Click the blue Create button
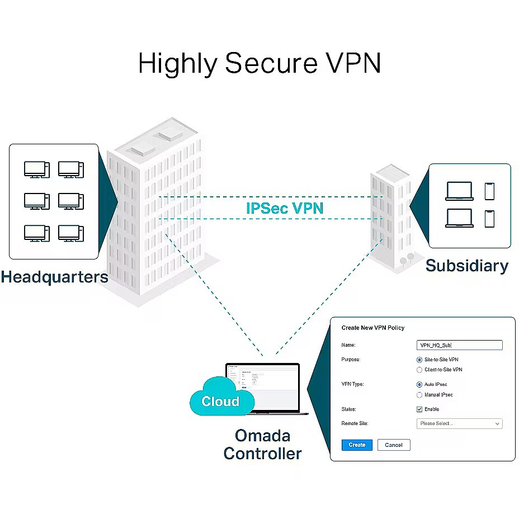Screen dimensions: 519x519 (357, 445)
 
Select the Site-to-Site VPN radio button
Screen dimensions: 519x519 (419, 360)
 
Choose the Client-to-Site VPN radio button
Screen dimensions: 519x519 (419, 370)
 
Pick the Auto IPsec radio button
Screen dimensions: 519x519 (419, 385)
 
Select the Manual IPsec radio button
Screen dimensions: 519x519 (419, 395)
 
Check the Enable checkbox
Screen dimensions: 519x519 (419, 409)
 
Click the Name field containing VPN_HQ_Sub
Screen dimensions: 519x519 (459, 346)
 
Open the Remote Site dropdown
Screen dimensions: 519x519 (459, 424)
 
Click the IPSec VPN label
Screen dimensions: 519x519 (285, 208)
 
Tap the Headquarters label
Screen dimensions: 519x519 (54, 277)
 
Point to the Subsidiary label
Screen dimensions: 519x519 (466, 265)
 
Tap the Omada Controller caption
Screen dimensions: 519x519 (262, 444)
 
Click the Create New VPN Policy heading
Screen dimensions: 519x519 (372, 328)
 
